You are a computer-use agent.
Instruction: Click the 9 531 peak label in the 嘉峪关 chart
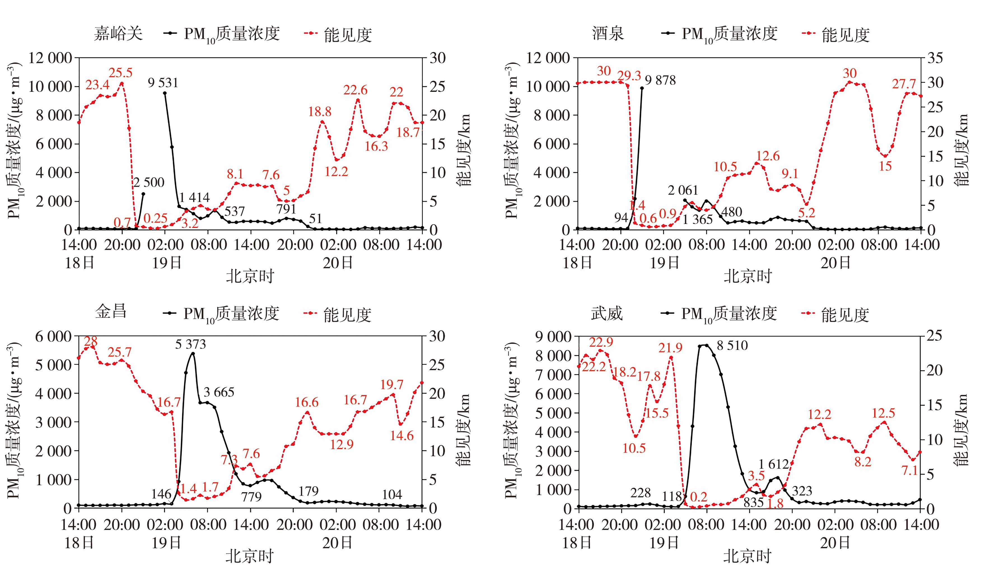pos(163,83)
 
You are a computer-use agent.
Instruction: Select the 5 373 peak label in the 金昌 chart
pos(191,345)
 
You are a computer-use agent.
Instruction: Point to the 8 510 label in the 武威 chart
pos(732,346)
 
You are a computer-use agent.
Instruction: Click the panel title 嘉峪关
pos(118,34)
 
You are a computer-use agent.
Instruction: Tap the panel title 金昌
pos(111,312)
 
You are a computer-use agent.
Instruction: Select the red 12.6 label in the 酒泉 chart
pos(768,156)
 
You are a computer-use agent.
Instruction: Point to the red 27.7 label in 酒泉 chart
pos(904,84)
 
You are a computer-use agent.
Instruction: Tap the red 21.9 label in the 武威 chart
pos(670,348)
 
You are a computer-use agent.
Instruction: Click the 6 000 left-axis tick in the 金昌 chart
pos(54,337)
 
